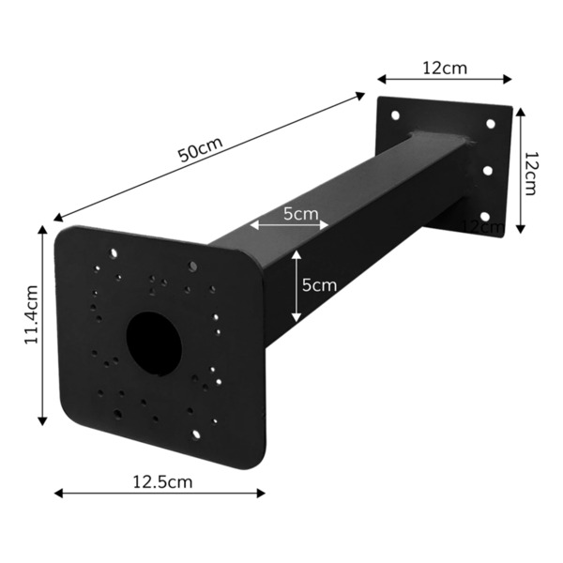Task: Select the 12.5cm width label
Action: click(161, 482)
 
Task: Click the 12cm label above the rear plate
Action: click(445, 68)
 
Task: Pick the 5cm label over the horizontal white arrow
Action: click(300, 214)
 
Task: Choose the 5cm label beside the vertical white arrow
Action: click(319, 285)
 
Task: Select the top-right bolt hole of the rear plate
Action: click(490, 124)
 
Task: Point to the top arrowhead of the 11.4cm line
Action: click(42, 229)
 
